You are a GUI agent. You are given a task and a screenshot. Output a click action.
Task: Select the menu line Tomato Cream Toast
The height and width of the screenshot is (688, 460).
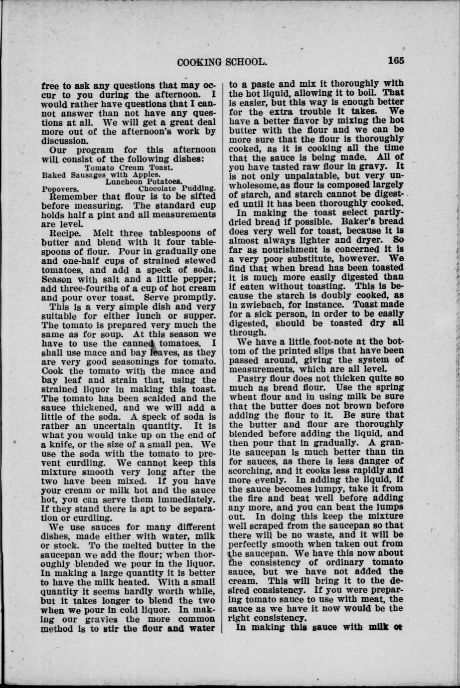coord(129,168)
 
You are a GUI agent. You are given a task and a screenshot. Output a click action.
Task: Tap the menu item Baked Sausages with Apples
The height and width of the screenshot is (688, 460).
coord(101,175)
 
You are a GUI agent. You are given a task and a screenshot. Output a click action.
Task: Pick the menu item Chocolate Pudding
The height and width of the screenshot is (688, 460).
coord(177,189)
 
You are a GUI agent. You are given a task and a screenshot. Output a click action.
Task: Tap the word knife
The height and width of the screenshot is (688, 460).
coord(56,444)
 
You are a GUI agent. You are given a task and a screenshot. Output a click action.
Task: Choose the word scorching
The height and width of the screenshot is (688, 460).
coord(254,471)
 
